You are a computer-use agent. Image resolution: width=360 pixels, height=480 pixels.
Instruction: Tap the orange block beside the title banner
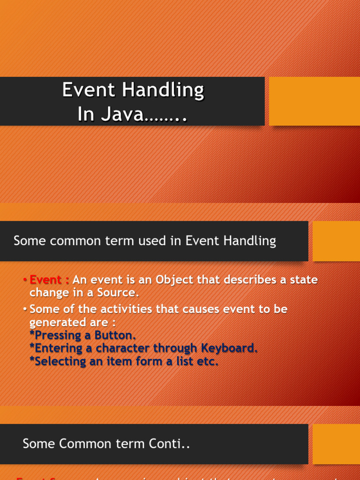[x=314, y=101]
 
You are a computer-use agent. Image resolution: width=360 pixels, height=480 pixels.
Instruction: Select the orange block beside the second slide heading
[x=336, y=241]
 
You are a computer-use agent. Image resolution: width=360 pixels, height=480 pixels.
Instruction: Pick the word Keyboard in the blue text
[x=229, y=348]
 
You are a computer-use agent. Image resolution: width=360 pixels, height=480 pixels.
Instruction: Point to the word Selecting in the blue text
[x=58, y=361]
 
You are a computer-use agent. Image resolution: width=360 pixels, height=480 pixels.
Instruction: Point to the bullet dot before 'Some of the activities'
[x=25, y=309]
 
